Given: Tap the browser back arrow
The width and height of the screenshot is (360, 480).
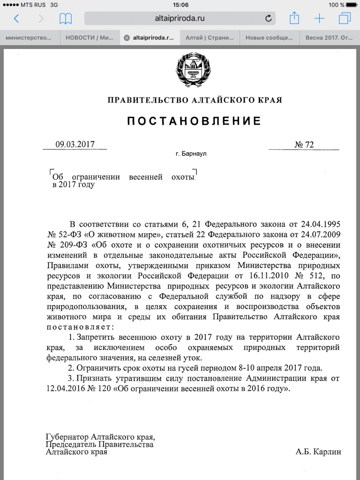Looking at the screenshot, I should click(16, 19).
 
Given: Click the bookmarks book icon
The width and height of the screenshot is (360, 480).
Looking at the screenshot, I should click(65, 19).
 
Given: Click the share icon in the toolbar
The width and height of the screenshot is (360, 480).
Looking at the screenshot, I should click(294, 18).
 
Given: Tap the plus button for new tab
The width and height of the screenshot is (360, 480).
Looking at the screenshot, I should click(319, 19).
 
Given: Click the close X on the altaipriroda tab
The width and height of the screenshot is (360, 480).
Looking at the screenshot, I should click(126, 37).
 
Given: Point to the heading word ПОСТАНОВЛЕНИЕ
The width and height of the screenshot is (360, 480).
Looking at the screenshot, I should click(194, 121).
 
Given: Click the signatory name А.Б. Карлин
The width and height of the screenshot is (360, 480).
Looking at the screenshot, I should click(318, 452).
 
